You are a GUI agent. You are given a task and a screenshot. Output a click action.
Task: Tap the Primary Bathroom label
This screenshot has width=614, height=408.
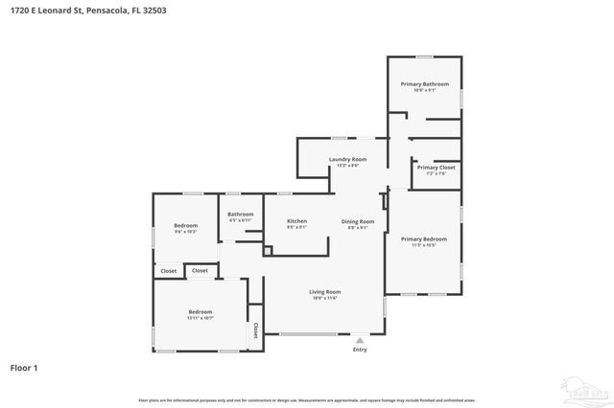(424, 84)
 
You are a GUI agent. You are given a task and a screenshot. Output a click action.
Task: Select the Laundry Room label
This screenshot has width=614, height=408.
(347, 159)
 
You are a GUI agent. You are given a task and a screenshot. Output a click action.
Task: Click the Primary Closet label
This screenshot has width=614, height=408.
(436, 168)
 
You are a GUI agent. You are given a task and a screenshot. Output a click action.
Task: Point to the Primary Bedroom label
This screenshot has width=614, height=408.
(423, 238)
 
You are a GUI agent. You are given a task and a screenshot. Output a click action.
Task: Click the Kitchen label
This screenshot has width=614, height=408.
(297, 221)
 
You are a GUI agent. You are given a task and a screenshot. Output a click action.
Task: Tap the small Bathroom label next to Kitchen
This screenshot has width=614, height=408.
(240, 214)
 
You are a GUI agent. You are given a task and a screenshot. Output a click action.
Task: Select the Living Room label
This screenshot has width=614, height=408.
(324, 292)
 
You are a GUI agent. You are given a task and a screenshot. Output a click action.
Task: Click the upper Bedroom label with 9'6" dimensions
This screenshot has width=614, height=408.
(186, 225)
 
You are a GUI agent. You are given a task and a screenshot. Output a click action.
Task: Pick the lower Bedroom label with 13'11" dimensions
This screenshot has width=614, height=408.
(200, 311)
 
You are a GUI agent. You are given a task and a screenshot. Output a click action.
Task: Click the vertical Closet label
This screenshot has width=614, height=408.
(256, 330)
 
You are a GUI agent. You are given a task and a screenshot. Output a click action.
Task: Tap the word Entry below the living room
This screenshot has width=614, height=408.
(360, 350)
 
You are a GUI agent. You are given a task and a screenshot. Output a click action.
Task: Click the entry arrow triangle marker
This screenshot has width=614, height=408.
(360, 339)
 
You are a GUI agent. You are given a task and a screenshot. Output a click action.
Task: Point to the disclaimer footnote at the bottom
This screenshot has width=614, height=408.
(307, 398)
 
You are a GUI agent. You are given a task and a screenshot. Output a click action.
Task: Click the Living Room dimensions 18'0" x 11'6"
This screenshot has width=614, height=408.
(324, 299)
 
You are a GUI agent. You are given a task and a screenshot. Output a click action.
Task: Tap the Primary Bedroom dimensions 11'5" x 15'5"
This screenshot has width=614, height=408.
(423, 245)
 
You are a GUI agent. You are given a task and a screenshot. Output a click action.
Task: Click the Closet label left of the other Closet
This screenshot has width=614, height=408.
(169, 271)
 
